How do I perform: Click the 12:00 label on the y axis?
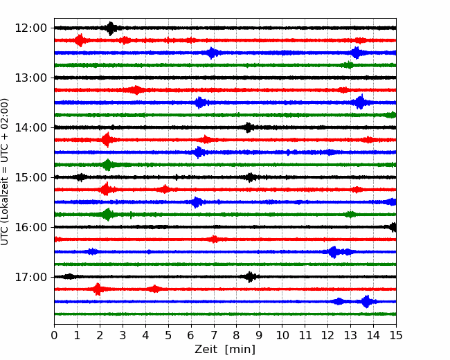tap(30, 28)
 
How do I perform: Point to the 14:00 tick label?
tap(30, 127)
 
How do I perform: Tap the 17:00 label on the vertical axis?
tap(30, 277)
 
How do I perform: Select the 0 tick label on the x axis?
tap(54, 335)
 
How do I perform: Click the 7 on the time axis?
tap(214, 335)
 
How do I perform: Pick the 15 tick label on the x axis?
tap(396, 335)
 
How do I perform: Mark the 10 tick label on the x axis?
tap(282, 335)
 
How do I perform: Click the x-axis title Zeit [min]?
tap(225, 350)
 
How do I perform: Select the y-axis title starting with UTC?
tap(4, 172)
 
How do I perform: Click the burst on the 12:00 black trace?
tap(111, 28)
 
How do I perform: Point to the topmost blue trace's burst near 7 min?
tap(212, 53)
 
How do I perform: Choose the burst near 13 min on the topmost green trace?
tap(349, 65)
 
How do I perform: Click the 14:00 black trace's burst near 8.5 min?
tap(249, 127)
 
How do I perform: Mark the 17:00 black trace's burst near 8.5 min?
tap(250, 277)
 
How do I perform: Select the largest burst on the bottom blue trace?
tap(366, 302)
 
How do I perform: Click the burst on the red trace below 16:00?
tap(214, 239)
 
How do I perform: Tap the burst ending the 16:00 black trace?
tap(393, 227)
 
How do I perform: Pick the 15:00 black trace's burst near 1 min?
tap(81, 177)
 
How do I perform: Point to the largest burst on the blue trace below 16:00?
tap(334, 252)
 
